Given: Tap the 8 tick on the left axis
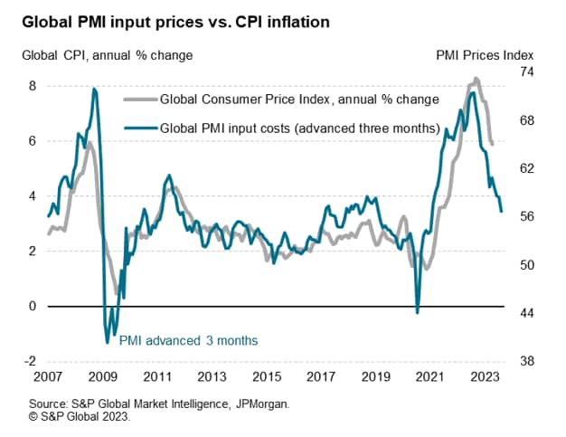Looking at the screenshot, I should click(x=33, y=86).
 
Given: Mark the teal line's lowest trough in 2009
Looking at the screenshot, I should click(x=107, y=342).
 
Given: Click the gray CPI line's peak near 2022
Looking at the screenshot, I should click(x=476, y=79).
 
